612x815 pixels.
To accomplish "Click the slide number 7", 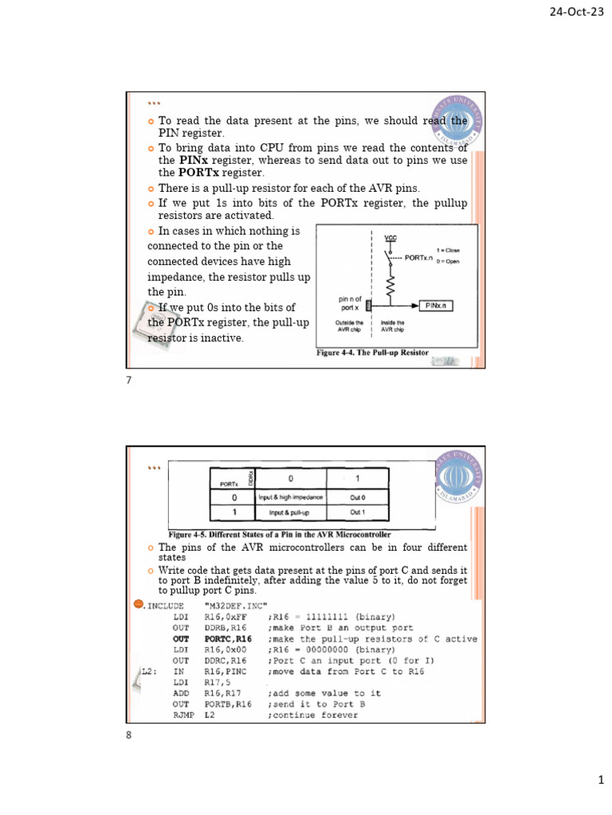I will point(128,380).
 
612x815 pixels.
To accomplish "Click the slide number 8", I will point(128,735).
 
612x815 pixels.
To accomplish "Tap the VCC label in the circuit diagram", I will point(390,237).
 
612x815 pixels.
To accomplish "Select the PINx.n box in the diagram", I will point(436,304).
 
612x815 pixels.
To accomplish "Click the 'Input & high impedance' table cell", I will point(290,497).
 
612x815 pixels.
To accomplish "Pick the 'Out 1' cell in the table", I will point(357,512).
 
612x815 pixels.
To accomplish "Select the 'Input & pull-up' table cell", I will point(290,512).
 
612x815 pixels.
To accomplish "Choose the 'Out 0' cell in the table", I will point(357,497).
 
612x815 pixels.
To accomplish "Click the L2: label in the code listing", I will point(146,672).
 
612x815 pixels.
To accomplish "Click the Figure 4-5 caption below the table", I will point(280,533).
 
